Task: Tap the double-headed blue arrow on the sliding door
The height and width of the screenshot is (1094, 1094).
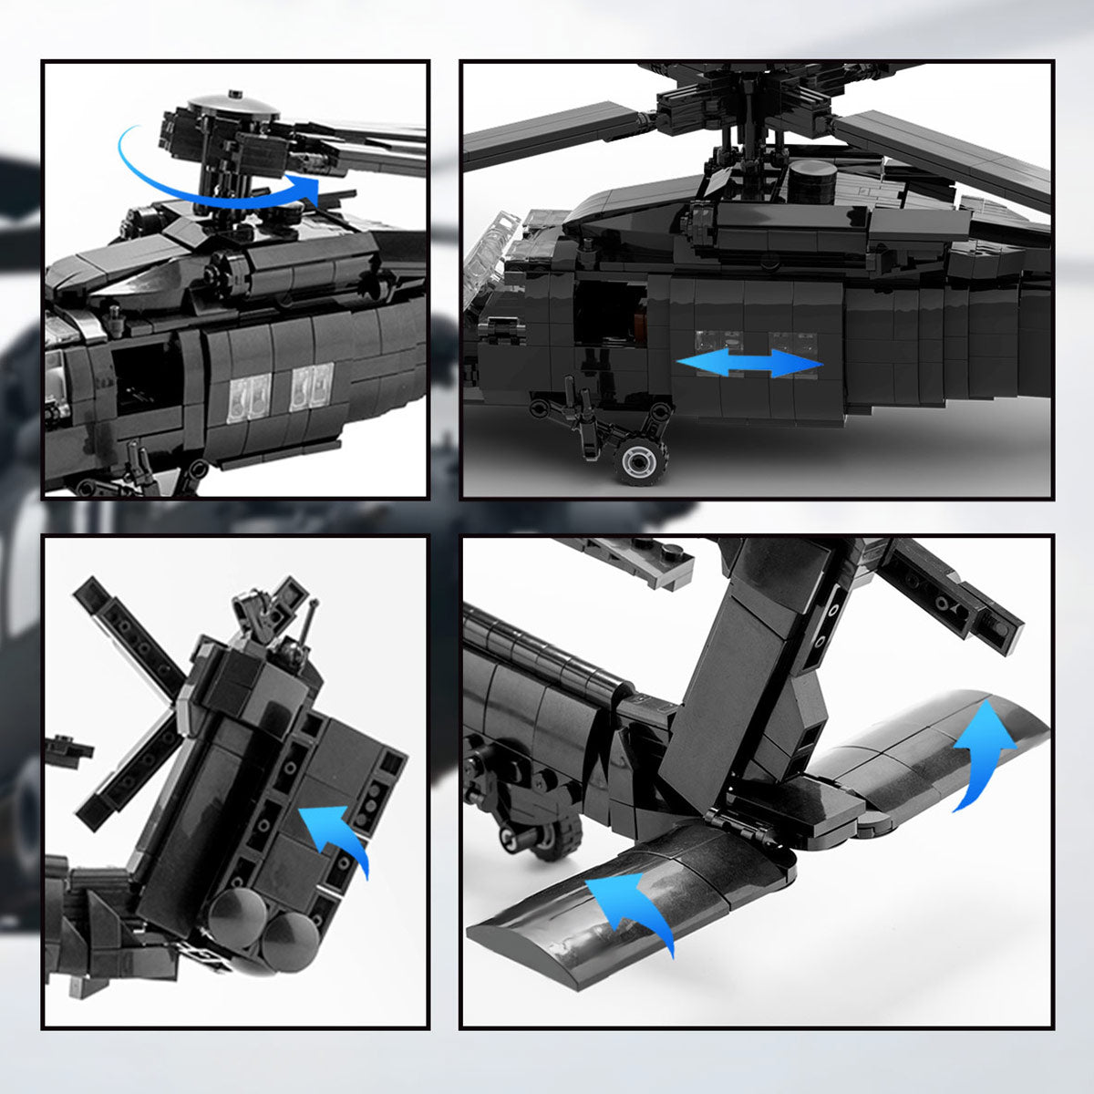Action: point(748,362)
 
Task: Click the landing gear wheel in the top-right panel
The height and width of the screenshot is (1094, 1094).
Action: point(642,459)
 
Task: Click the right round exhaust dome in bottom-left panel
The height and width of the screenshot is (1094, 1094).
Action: point(291,939)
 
